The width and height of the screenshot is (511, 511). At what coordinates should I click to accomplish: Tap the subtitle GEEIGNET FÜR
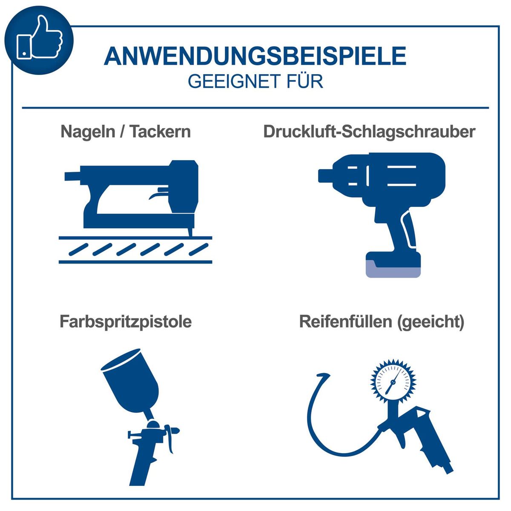[x=255, y=81]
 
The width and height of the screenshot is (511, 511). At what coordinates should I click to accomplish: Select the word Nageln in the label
[x=87, y=132]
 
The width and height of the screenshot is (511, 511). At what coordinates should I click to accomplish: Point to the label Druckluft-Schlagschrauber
[x=369, y=132]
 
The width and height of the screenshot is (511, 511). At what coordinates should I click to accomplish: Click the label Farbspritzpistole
[x=126, y=322]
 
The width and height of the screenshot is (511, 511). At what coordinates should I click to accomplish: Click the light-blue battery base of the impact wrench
[x=393, y=269]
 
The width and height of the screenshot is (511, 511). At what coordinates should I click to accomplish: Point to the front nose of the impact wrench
[x=326, y=175]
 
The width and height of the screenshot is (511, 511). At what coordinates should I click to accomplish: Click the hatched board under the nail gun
[x=135, y=249]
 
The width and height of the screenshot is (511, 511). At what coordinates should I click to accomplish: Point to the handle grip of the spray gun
[x=143, y=464]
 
